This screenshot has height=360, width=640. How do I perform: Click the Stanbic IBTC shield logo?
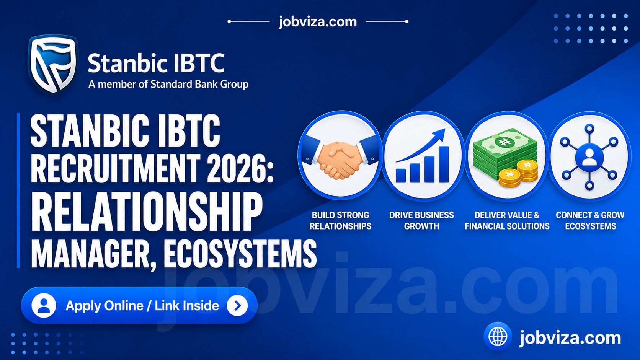[52, 64]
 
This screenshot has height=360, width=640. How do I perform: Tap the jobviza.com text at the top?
[318, 22]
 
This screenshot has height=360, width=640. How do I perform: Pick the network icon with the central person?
[589, 157]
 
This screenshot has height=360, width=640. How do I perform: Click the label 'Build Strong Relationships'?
[340, 220]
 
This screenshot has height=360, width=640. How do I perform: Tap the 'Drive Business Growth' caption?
[421, 220]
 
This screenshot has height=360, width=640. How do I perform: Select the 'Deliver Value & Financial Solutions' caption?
[507, 220]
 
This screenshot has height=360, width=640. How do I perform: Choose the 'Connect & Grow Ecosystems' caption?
[590, 220]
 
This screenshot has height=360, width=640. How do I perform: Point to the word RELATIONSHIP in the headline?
[147, 211]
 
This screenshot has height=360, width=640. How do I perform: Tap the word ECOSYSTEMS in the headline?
[240, 254]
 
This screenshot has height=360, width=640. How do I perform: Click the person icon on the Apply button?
[44, 305]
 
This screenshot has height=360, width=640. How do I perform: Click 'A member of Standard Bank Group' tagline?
[168, 84]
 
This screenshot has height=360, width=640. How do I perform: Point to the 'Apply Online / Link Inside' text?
[142, 305]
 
